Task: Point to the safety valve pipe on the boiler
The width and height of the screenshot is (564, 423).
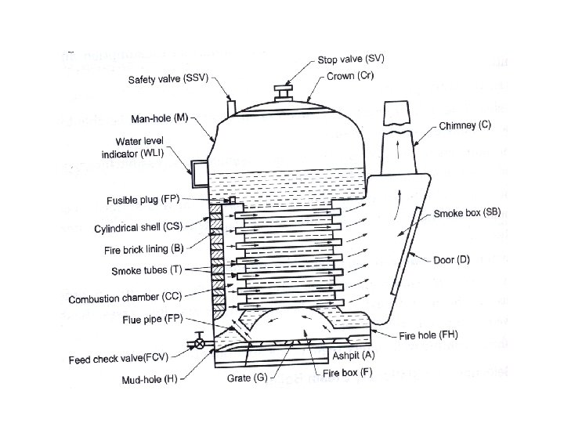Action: click(231, 107)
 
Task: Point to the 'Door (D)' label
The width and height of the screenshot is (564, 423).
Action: click(451, 259)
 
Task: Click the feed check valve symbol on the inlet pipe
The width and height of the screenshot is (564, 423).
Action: click(200, 342)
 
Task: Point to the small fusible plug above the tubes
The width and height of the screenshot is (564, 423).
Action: click(232, 201)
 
